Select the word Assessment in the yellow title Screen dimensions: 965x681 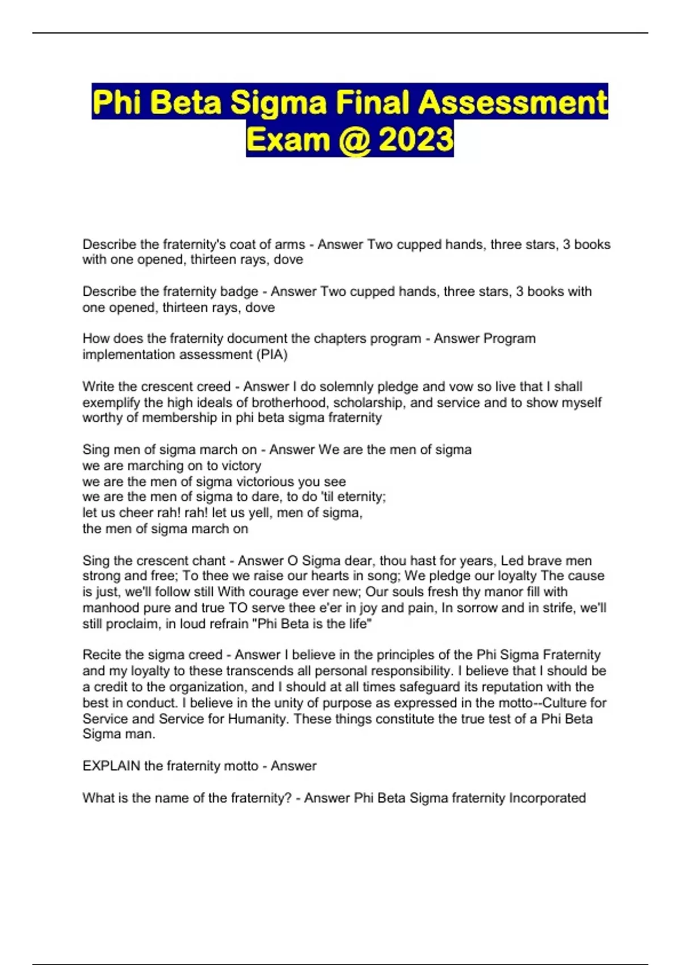pos(513,103)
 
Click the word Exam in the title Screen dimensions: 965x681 pos(288,139)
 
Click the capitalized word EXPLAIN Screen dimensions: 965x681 pos(111,766)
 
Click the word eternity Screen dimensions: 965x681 pos(360,497)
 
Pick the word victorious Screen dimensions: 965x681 pos(266,482)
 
